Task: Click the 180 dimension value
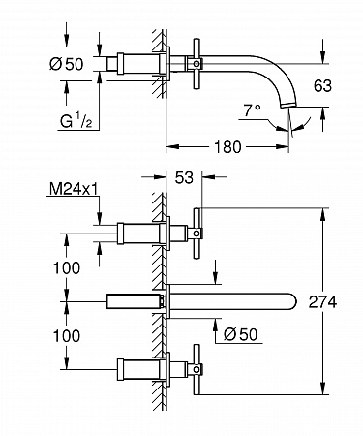227,147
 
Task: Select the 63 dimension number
322,86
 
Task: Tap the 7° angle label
252,110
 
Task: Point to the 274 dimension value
322,302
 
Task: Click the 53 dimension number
184,177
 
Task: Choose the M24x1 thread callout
74,189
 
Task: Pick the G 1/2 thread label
76,121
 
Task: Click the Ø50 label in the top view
67,64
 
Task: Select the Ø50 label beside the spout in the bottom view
241,334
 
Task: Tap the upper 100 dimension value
67,268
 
